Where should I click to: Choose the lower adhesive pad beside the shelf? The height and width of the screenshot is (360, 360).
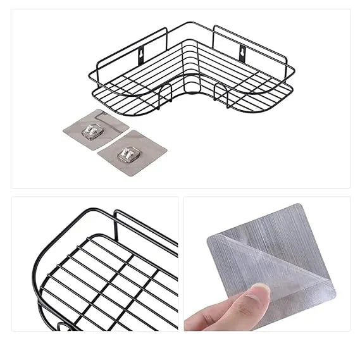click(132, 151)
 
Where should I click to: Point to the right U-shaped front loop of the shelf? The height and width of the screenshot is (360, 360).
click(221, 94)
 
